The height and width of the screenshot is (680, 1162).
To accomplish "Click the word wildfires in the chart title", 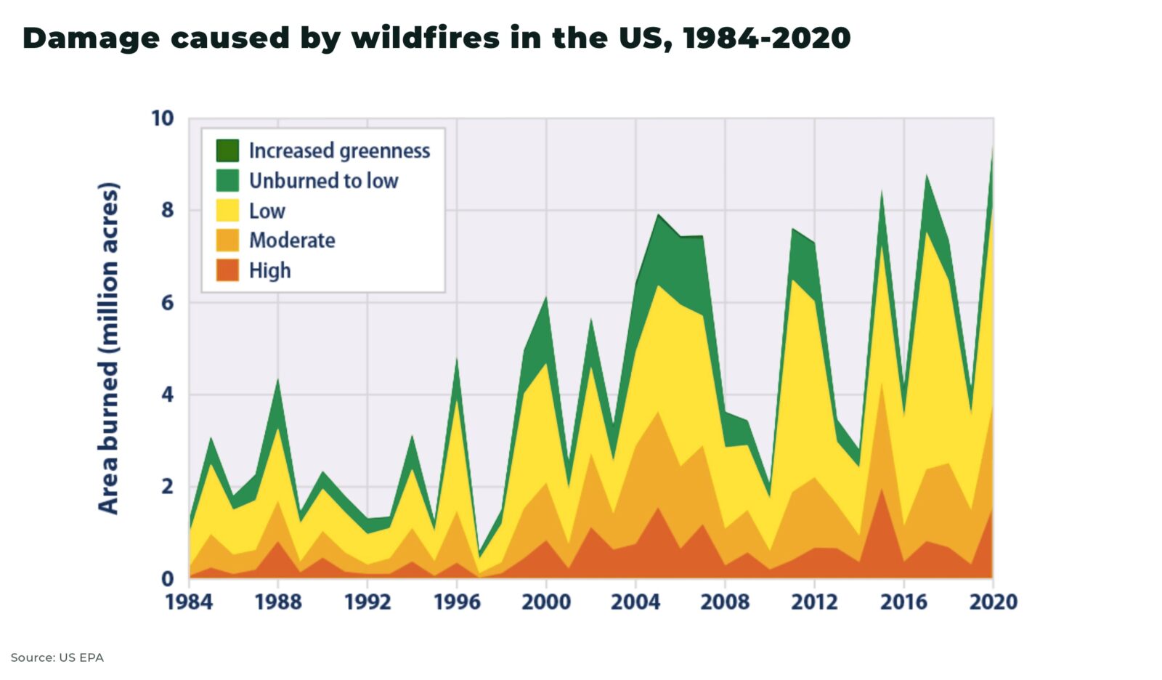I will pyautogui.click(x=425, y=38).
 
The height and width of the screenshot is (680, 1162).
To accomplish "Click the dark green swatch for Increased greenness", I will pyautogui.click(x=227, y=150).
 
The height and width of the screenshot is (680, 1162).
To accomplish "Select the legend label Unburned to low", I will pyautogui.click(x=323, y=181).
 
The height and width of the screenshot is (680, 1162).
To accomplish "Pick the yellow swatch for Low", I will pyautogui.click(x=227, y=211).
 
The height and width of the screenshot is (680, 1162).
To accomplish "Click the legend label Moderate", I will pyautogui.click(x=292, y=240).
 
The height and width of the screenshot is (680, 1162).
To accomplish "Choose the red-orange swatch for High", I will pyautogui.click(x=227, y=270).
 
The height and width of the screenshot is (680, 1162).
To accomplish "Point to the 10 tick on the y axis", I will pyautogui.click(x=163, y=118).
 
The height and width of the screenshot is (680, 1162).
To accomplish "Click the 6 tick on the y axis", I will pyautogui.click(x=168, y=302).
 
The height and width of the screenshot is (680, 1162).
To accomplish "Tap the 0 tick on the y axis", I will pyautogui.click(x=168, y=578).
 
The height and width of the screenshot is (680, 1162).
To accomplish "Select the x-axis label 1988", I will pyautogui.click(x=278, y=602).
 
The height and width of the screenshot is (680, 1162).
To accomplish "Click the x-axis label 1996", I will pyautogui.click(x=457, y=602).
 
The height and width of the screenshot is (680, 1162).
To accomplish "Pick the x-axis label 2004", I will pyautogui.click(x=635, y=602).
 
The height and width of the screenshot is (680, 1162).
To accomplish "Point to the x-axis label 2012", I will pyautogui.click(x=814, y=602).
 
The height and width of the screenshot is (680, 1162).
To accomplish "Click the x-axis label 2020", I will pyautogui.click(x=993, y=602).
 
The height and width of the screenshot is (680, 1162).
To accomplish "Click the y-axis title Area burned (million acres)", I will pyautogui.click(x=108, y=349).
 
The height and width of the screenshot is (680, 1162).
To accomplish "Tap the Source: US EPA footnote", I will pyautogui.click(x=57, y=657).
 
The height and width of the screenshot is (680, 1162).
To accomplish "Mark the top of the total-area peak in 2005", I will pyautogui.click(x=658, y=214).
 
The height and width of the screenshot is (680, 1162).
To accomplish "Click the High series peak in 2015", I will pyautogui.click(x=882, y=489).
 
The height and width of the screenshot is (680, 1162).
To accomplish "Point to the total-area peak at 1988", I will pyautogui.click(x=278, y=380).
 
